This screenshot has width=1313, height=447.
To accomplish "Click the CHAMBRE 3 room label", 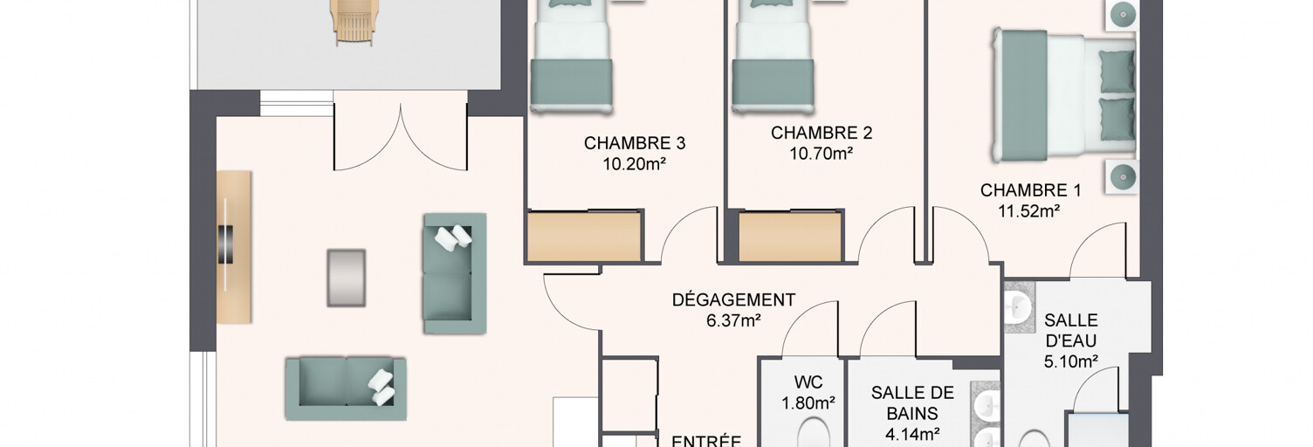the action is tap(634, 143).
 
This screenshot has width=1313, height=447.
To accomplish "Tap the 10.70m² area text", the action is tap(821, 154).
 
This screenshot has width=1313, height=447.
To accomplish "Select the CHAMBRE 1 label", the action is tap(1030, 190).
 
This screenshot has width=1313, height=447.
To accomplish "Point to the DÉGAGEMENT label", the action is tap(733, 300).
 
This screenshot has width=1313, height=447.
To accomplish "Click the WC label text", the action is tap(808, 382).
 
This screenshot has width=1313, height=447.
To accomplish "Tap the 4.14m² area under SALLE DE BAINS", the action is tap(912, 435).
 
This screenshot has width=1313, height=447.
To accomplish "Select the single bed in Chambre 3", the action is tap(572, 56).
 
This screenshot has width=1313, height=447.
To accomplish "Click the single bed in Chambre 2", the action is tap(773, 56).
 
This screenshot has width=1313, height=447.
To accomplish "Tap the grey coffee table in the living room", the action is tap(347, 279).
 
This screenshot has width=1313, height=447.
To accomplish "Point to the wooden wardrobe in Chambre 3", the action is tap(584, 236).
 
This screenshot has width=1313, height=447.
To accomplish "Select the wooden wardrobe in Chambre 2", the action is tap(790, 236).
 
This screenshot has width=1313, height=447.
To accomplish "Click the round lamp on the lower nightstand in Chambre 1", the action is tap(1123, 175).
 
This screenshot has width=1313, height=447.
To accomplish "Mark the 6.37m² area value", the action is tap(733, 321).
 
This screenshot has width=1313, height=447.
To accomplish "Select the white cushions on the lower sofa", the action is tap(382, 387).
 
